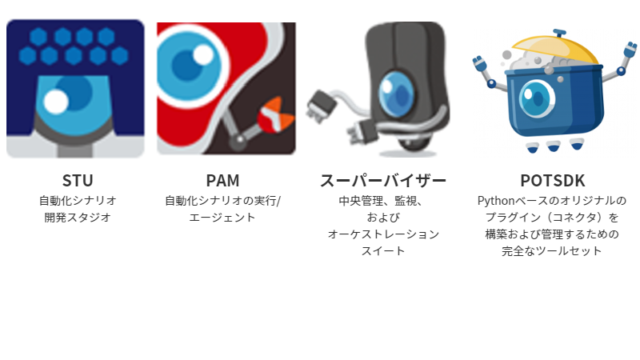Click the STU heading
(77, 181)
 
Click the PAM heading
(222, 181)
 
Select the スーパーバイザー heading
(383, 181)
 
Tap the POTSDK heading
(552, 181)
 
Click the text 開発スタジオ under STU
(77, 217)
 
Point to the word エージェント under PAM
(222, 217)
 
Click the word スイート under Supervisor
(383, 251)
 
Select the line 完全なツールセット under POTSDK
(552, 251)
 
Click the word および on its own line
(383, 217)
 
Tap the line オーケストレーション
(383, 234)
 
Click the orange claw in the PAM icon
(272, 113)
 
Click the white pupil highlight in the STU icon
(55, 102)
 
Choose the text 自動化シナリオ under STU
(77, 200)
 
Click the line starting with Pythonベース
(552, 200)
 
